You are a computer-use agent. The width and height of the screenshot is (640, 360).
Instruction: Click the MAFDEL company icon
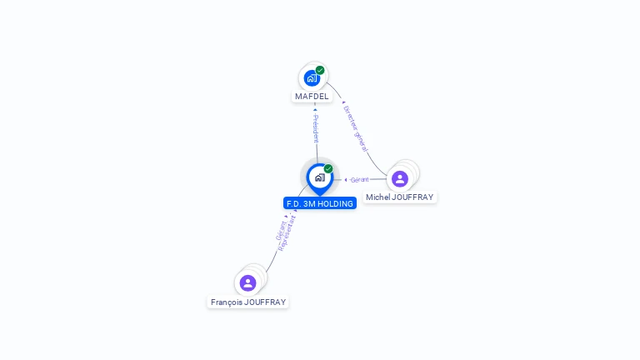pyautogui.click(x=312, y=78)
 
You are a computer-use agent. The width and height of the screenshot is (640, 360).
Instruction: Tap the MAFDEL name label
pyautogui.click(x=312, y=97)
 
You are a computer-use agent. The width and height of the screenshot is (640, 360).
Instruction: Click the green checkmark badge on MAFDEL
pyautogui.click(x=320, y=70)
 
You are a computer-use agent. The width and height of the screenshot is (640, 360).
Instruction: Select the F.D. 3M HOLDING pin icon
pyautogui.click(x=319, y=177)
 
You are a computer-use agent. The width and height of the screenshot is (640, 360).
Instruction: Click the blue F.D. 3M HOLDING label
pyautogui.click(x=320, y=203)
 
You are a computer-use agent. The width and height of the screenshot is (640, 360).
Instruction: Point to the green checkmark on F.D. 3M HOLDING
pyautogui.click(x=328, y=169)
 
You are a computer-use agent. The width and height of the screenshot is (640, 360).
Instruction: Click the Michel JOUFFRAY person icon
pyautogui.click(x=400, y=178)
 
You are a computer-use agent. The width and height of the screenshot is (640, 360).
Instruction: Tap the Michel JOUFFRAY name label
pyautogui.click(x=400, y=197)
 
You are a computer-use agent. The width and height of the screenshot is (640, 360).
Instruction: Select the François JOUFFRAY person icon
pyautogui.click(x=247, y=282)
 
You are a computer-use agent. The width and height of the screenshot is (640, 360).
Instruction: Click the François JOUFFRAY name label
pyautogui.click(x=248, y=302)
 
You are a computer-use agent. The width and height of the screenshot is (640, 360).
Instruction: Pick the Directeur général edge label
pyautogui.click(x=356, y=129)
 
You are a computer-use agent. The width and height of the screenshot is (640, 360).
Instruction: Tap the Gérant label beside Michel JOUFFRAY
pyautogui.click(x=359, y=179)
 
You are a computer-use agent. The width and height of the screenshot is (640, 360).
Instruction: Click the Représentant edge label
pyautogui.click(x=288, y=232)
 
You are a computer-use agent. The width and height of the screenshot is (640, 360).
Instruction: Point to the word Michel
pyautogui.click(x=377, y=197)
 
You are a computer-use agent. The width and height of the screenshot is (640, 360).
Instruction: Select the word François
pyautogui.click(x=227, y=302)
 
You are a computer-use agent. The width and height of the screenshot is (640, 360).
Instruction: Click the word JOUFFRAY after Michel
pyautogui.click(x=412, y=197)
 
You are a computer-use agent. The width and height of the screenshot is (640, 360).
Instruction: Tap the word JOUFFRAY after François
pyautogui.click(x=265, y=302)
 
